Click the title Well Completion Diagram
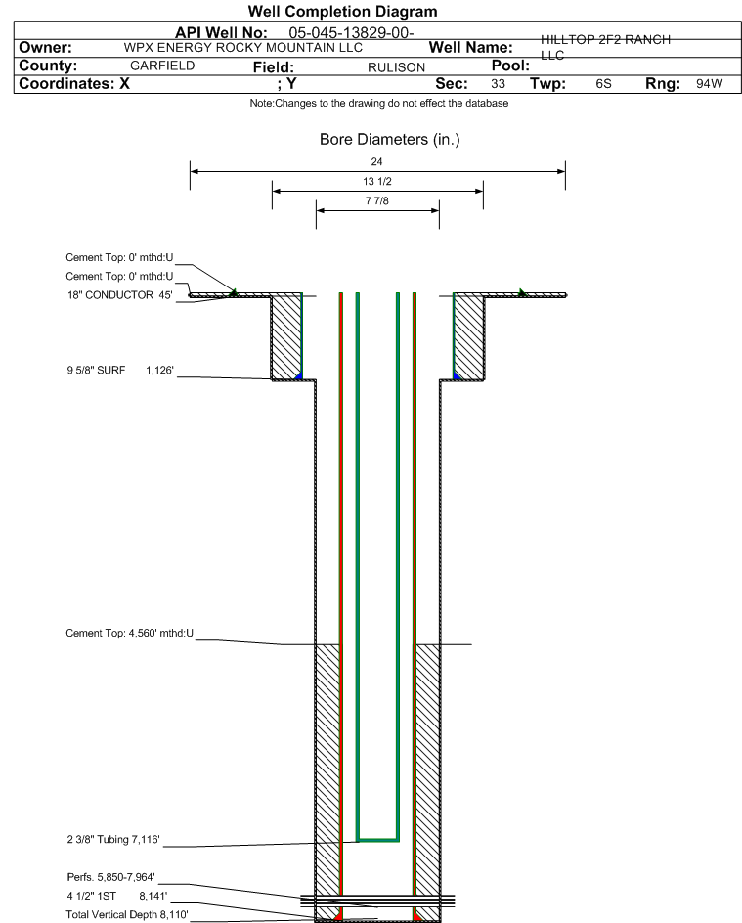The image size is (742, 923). click(342, 12)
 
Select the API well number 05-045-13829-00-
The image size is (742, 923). click(351, 33)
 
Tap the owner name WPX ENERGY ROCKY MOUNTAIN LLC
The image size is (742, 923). click(243, 48)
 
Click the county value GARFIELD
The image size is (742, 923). click(162, 66)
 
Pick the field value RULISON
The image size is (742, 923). click(397, 67)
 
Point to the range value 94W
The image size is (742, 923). click(709, 83)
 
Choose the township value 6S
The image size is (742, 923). click(604, 83)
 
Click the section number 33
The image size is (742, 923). click(498, 83)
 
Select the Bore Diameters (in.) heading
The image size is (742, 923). click(389, 140)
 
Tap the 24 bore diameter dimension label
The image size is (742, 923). click(376, 161)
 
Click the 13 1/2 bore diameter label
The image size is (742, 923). click(377, 181)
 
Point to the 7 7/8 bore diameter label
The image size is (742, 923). click(377, 200)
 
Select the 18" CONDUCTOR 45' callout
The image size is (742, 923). click(120, 295)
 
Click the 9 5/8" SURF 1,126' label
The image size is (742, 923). click(120, 371)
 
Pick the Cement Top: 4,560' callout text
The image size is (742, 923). click(129, 634)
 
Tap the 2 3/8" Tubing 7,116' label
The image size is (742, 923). click(113, 840)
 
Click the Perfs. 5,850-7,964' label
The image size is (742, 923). click(111, 877)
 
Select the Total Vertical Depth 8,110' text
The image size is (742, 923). click(127, 915)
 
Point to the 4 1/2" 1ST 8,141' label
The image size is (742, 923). click(117, 896)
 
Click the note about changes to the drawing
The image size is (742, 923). click(379, 103)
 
